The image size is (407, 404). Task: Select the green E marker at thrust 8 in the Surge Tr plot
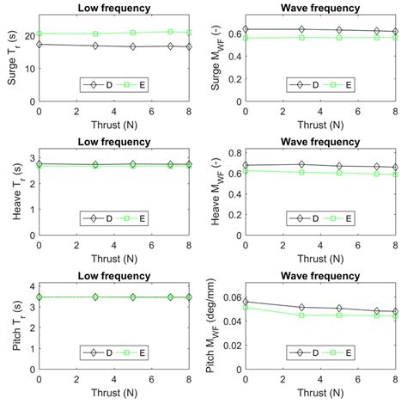[188, 32]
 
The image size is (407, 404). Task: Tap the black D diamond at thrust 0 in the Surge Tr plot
[39, 44]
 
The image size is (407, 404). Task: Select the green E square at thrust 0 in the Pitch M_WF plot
[246, 307]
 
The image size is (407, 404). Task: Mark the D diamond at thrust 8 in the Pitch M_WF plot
[395, 311]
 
